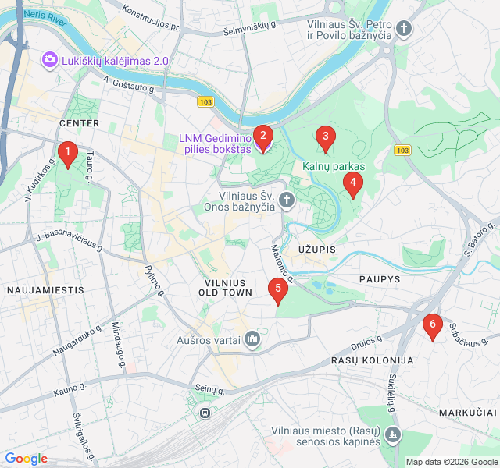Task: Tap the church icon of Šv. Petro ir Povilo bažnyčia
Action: (404, 30)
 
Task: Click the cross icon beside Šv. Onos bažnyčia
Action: (287, 200)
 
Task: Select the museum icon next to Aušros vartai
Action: (252, 339)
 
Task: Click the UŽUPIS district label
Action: (316, 249)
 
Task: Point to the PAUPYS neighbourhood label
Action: (380, 278)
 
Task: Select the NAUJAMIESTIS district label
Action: (45, 289)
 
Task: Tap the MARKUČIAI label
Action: (468, 411)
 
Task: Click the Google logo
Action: (26, 459)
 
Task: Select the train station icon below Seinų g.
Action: (205, 412)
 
